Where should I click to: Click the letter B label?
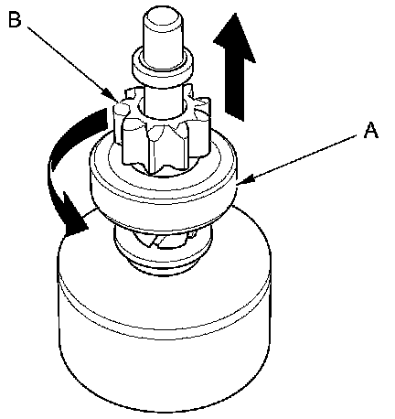15,19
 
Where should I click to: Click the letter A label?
371,131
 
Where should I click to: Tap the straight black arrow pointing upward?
234,67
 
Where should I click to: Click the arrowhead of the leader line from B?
112,95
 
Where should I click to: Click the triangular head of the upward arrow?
234,38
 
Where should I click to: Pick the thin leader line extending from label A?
299,159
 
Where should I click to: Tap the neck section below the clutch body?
162,250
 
